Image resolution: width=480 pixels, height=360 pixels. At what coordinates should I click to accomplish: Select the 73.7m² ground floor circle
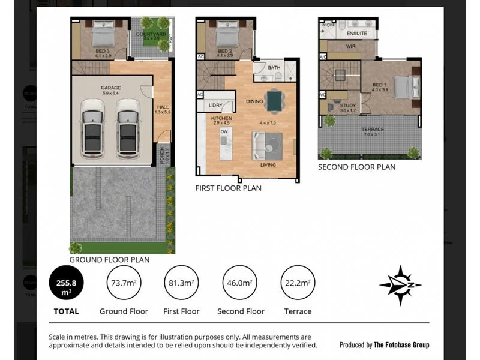point(123,283)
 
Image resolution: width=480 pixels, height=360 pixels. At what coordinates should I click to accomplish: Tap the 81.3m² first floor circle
point(181,283)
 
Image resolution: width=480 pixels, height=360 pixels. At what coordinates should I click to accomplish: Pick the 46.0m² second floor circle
point(241,283)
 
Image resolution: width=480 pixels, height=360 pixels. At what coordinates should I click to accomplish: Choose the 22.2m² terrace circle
point(298,283)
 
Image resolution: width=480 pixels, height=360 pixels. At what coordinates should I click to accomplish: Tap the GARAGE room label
point(111,88)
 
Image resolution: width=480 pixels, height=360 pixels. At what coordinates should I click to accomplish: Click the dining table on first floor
point(275,101)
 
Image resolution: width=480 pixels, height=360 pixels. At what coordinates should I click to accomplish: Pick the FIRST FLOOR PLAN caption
point(228,188)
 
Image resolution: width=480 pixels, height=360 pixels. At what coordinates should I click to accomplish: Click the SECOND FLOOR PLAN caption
point(356,167)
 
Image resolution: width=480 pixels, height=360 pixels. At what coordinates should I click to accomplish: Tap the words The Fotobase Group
point(401,345)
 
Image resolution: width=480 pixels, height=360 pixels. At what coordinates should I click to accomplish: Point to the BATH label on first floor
point(274,68)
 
